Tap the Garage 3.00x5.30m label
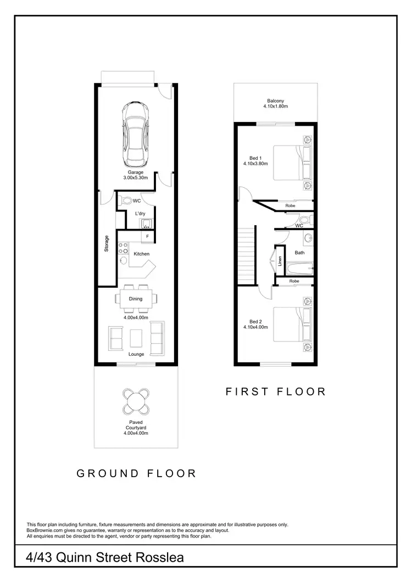tap(136, 175)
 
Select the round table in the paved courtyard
tap(135, 401)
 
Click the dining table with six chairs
tap(136, 299)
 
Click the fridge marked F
tap(147, 237)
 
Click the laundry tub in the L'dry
tap(147, 222)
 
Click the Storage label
tap(107, 244)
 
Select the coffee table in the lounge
tap(136, 337)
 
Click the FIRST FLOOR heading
tap(276, 391)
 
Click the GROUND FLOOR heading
tap(136, 473)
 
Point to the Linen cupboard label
tap(280, 261)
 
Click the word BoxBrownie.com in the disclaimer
tap(47, 530)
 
